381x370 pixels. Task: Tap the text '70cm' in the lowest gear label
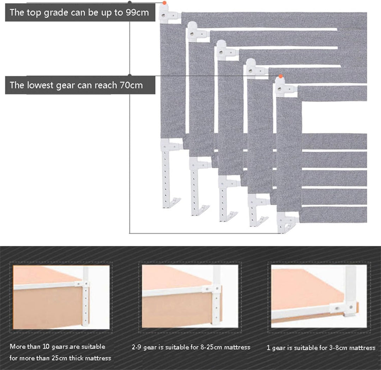(x=131, y=85)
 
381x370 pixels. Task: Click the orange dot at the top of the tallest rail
(x=164, y=3)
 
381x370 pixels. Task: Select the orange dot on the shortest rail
(x=281, y=76)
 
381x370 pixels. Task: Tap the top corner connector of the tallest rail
(x=169, y=14)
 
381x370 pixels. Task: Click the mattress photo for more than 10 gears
(x=61, y=297)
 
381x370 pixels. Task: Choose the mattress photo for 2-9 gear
(x=190, y=296)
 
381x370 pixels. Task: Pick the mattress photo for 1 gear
(x=319, y=296)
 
